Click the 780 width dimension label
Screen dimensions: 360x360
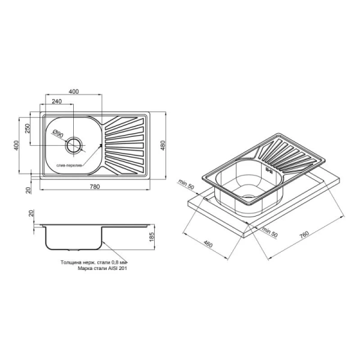coord(95,187)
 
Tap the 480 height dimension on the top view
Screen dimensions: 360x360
coord(163,145)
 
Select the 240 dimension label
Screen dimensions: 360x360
coord(56,101)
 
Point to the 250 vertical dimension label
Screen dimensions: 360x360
coord(28,128)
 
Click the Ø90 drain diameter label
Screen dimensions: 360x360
coord(58,134)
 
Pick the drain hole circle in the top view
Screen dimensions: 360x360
coord(74,145)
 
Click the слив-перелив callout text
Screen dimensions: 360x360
coord(69,166)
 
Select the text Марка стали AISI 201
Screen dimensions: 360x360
coord(102,268)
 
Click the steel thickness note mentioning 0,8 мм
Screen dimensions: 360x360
coord(94,262)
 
